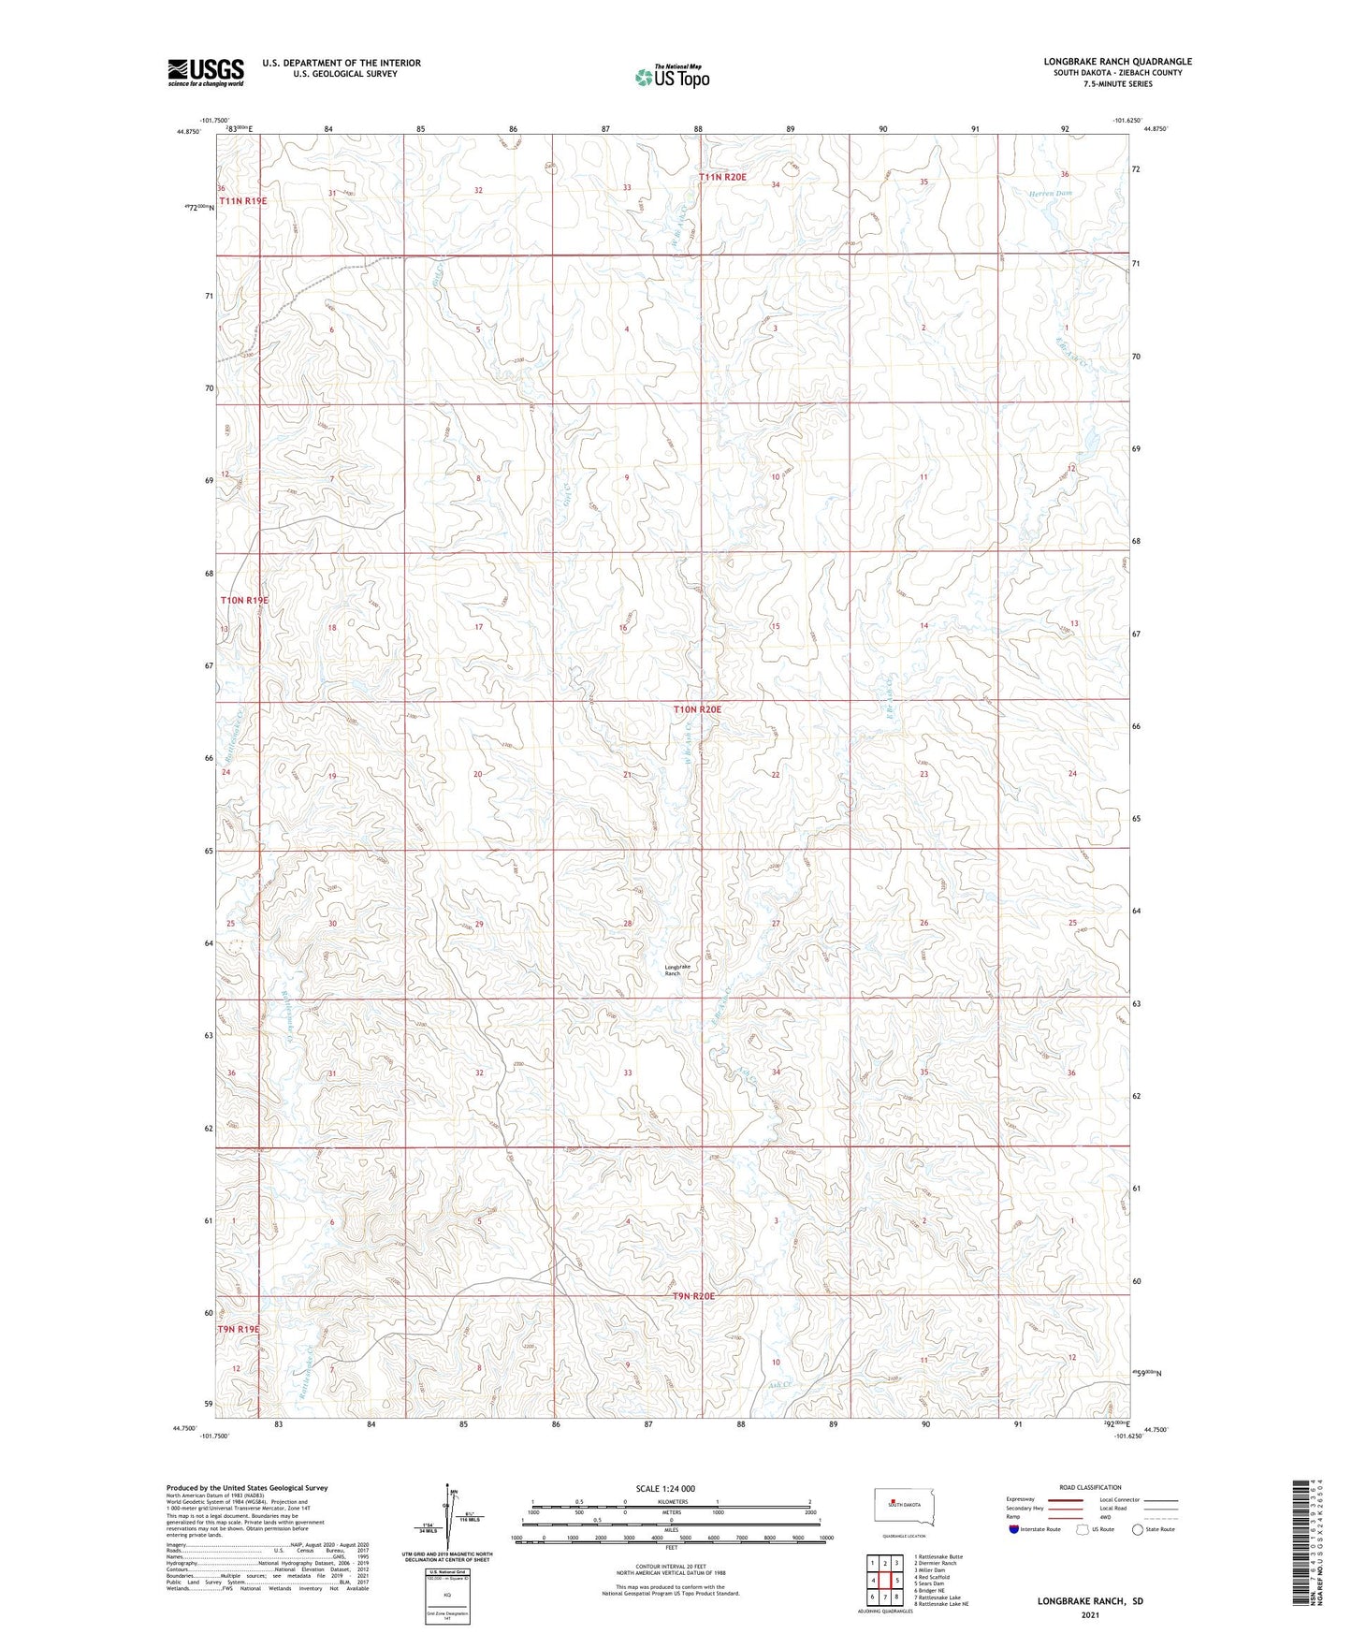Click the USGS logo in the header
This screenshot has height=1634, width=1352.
(x=206, y=71)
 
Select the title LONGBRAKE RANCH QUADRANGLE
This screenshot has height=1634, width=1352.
(x=1118, y=62)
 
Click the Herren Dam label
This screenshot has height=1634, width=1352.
(x=1051, y=193)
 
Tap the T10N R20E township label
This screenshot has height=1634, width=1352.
(x=698, y=709)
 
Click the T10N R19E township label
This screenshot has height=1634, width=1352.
(x=244, y=600)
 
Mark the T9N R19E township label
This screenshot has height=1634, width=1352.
(x=239, y=1329)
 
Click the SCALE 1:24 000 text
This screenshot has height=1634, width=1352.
(x=665, y=1488)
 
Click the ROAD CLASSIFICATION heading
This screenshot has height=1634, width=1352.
(x=1091, y=1487)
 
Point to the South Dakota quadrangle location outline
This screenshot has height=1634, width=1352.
(x=898, y=1507)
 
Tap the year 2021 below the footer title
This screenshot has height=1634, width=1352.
(x=1090, y=1615)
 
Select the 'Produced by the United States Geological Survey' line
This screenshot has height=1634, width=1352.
(x=247, y=1487)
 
